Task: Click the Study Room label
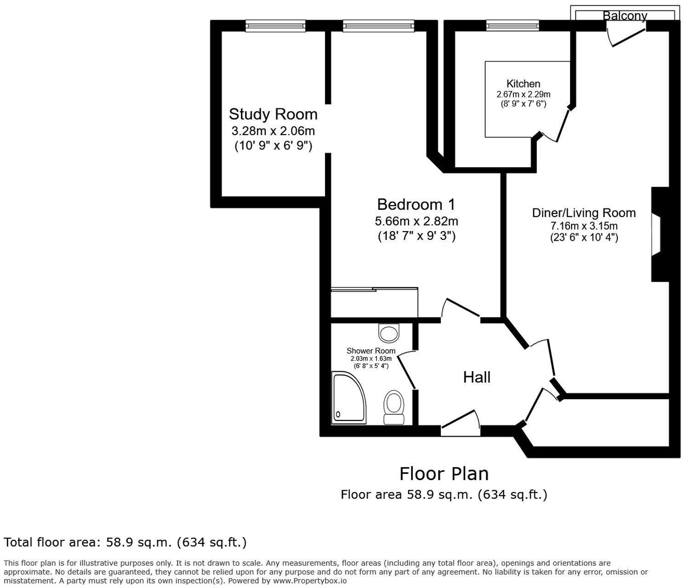tap(273, 114)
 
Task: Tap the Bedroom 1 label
tap(416, 204)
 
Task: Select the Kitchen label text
tap(523, 84)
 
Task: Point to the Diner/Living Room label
tap(584, 213)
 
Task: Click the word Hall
tap(477, 377)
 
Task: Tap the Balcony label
tap(625, 16)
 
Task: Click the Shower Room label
tap(371, 351)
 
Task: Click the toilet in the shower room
tap(394, 407)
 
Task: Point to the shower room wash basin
tap(389, 333)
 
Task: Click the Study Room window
tap(275, 26)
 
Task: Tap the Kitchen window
tap(513, 25)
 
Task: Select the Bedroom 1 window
tap(378, 26)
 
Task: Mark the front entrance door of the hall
tap(460, 424)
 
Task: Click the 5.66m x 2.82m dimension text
tap(416, 221)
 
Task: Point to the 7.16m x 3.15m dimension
tap(584, 226)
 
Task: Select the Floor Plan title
tap(444, 474)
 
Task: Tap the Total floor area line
tap(125, 543)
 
